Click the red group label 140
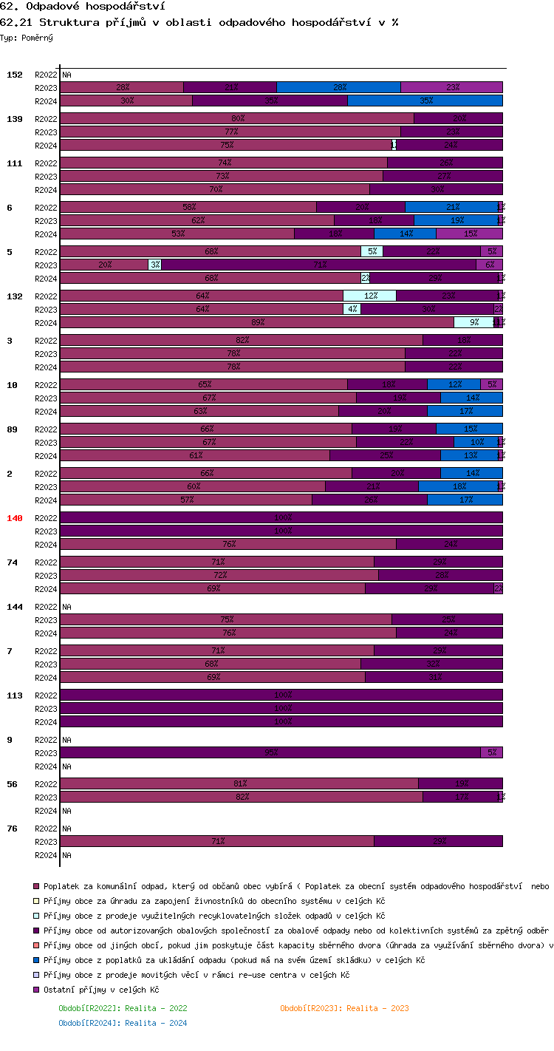[x=15, y=518]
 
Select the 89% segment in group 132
[x=256, y=322]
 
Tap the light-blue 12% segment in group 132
[x=369, y=296]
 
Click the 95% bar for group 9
[x=270, y=752]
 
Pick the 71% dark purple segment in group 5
[x=318, y=265]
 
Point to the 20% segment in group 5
[x=104, y=265]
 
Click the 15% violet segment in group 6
[x=469, y=234]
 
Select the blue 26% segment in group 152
[x=338, y=87]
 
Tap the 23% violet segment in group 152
[x=451, y=87]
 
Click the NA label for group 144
[x=66, y=607]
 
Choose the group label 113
[x=15, y=695]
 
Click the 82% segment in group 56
[x=241, y=797]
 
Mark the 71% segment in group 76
[x=216, y=841]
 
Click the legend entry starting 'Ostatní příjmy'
[x=101, y=990]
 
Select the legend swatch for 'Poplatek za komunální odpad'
[x=35, y=886]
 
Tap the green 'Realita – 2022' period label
[x=123, y=1008]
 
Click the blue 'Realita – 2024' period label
[x=123, y=1023]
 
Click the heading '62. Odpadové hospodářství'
[x=82, y=7]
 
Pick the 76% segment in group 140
[x=228, y=544]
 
